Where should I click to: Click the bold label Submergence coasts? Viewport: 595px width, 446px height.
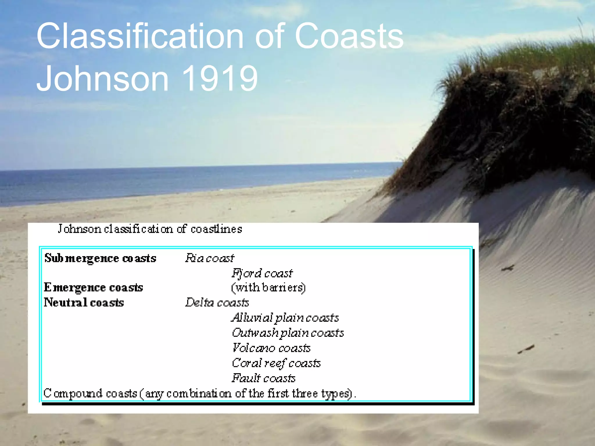tap(100, 258)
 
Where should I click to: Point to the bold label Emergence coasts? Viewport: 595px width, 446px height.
tap(94, 287)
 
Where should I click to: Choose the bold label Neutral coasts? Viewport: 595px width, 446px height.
tap(84, 303)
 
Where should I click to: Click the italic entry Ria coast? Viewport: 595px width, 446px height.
tap(209, 258)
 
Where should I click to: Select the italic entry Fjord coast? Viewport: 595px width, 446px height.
tap(262, 273)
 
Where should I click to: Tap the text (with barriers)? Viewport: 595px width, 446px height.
tap(268, 288)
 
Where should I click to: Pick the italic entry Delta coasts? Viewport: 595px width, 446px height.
tap(217, 303)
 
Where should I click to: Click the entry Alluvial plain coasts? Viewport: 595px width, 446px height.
tap(285, 318)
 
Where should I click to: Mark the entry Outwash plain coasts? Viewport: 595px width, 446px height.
tap(288, 333)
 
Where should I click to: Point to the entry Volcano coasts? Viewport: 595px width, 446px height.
tap(271, 348)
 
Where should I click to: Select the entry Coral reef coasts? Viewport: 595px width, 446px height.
tap(276, 363)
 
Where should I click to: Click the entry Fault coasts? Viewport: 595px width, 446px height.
tap(264, 378)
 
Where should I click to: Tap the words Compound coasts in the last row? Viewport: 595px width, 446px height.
tap(90, 393)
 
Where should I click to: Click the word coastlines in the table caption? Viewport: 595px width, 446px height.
tap(216, 229)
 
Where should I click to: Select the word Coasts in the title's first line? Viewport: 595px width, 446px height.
tap(349, 36)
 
